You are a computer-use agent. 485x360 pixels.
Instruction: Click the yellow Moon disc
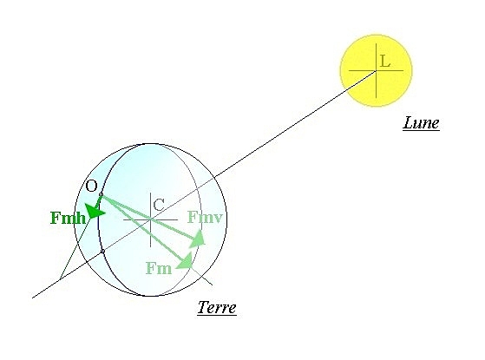pyautogui.click(x=377, y=70)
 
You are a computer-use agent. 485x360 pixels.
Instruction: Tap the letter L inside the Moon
pyautogui.click(x=384, y=61)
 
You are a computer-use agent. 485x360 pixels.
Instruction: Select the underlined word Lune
pyautogui.click(x=422, y=122)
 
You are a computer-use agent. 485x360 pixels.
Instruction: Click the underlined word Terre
pyautogui.click(x=217, y=307)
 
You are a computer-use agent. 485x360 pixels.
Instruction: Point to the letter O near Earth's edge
pyautogui.click(x=91, y=186)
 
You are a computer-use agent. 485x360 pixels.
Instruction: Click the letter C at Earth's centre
pyautogui.click(x=159, y=205)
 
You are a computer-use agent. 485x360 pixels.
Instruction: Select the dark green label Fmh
pyautogui.click(x=68, y=218)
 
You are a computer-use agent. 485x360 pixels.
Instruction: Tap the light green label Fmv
pyautogui.click(x=205, y=217)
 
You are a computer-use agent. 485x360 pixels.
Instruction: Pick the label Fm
pyautogui.click(x=159, y=268)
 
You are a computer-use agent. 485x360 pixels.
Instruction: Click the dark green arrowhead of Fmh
pyautogui.click(x=95, y=212)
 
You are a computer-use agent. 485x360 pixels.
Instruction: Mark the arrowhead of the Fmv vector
pyautogui.click(x=198, y=239)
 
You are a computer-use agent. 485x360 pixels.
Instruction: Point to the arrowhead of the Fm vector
pyautogui.click(x=186, y=260)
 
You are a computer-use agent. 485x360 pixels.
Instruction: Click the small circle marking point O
pyautogui.click(x=102, y=195)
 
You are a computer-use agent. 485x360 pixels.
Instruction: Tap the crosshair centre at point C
pyautogui.click(x=151, y=219)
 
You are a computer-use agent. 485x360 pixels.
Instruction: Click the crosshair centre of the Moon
pyautogui.click(x=377, y=71)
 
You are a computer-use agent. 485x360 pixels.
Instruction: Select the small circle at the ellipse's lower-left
pyautogui.click(x=102, y=252)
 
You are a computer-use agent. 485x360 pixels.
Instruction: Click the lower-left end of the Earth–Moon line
pyautogui.click(x=32, y=298)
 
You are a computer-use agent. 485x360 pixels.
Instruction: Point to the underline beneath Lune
pyautogui.click(x=422, y=130)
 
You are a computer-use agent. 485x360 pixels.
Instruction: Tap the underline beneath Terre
pyautogui.click(x=217, y=315)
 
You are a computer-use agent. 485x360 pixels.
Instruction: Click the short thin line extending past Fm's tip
pyautogui.click(x=201, y=276)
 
